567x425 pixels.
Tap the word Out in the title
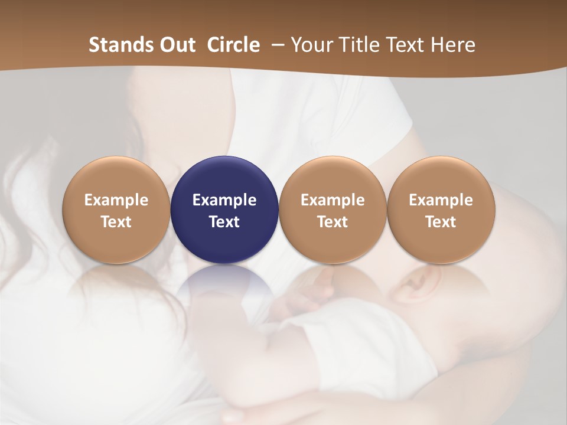[175, 45]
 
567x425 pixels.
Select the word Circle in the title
[233, 45]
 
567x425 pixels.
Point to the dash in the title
[276, 45]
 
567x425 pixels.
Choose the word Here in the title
[452, 45]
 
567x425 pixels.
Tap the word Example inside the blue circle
[224, 200]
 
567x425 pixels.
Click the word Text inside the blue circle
[224, 222]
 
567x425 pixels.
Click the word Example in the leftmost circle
[116, 200]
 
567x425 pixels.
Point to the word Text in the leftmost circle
[116, 222]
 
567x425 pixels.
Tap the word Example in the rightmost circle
[441, 200]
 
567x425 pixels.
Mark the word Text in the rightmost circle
[441, 222]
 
